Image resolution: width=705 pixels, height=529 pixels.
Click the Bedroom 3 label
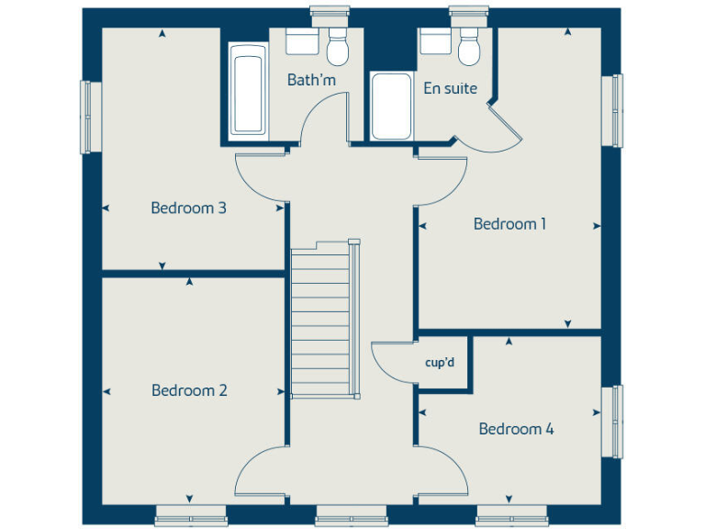pyautogui.click(x=188, y=208)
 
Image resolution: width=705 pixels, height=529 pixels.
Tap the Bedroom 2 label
pyautogui.click(x=189, y=390)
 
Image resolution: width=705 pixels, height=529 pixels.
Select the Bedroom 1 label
pyautogui.click(x=509, y=223)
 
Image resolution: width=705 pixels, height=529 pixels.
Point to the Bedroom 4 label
pyautogui.click(x=516, y=429)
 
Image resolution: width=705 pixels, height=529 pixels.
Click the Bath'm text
pyautogui.click(x=311, y=80)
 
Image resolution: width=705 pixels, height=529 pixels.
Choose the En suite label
pyautogui.click(x=450, y=88)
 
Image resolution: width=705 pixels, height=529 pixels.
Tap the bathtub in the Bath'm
pyautogui.click(x=248, y=95)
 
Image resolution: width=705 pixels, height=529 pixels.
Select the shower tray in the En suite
pyautogui.click(x=391, y=106)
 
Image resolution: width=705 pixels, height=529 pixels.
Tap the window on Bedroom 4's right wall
pyautogui.click(x=616, y=421)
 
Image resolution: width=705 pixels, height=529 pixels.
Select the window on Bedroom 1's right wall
pyautogui.click(x=616, y=109)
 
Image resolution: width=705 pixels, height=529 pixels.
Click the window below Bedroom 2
pyautogui.click(x=191, y=515)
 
